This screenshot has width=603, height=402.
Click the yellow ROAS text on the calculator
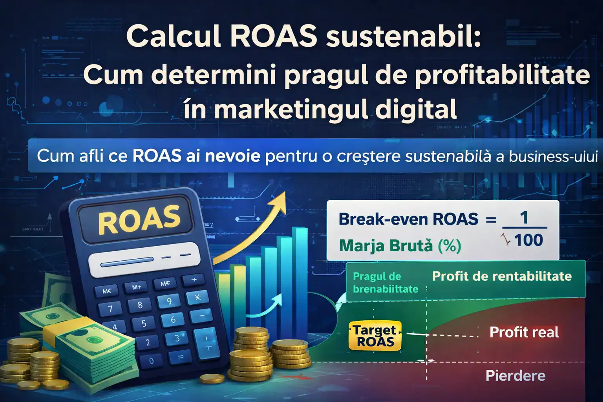coord(139,219)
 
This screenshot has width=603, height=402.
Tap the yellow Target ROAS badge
coord(375,336)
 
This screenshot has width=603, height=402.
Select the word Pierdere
coord(515,376)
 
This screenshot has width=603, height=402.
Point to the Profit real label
coord(524,332)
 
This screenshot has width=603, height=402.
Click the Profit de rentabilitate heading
coord(501,276)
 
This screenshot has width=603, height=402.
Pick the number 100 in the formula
coord(528,240)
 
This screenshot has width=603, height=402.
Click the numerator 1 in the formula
coord(524,217)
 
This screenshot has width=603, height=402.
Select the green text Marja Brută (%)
coord(400,246)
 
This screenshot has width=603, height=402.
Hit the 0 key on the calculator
coord(152,361)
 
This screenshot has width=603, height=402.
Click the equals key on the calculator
coord(181,357)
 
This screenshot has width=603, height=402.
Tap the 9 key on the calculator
coord(169,301)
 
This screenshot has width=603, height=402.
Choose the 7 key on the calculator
coord(110,309)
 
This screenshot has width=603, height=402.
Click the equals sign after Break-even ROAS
coord(491,220)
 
